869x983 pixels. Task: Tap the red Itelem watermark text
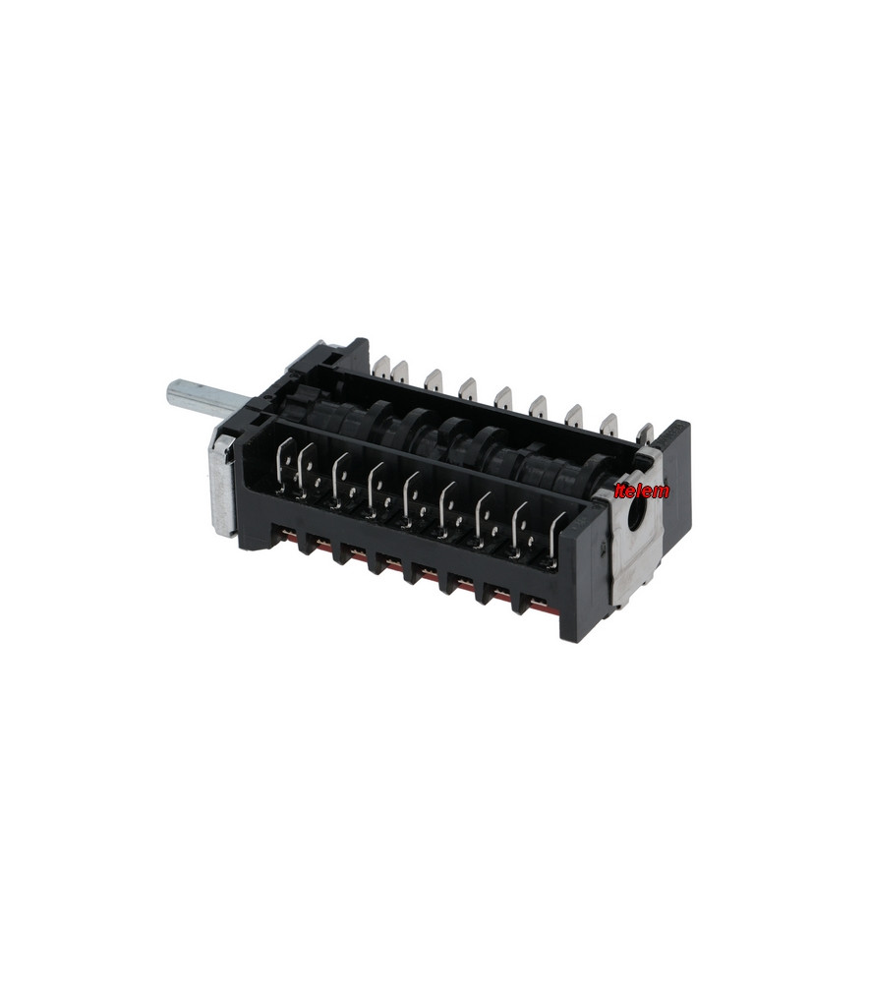[x=641, y=491]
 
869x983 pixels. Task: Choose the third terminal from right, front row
[x=485, y=515]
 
